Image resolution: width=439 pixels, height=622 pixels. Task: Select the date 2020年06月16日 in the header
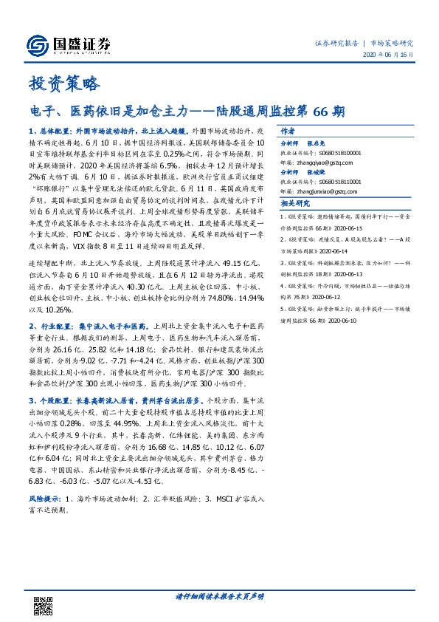392,55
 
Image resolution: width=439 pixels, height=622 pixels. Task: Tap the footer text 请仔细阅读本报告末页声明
219,597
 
